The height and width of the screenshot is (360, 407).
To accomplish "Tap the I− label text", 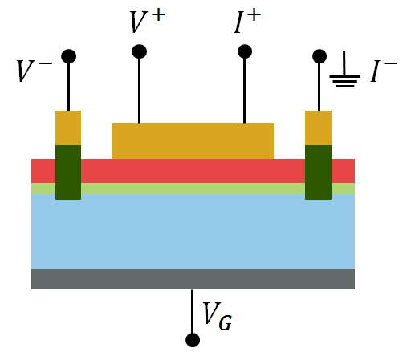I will click(x=384, y=72).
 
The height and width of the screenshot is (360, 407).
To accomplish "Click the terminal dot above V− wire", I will click(x=68, y=56).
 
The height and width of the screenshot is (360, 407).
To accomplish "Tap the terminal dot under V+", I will click(x=139, y=51).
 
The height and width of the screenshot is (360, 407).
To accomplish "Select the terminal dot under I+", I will click(x=245, y=51).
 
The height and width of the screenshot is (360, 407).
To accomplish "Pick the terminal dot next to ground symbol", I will click(x=319, y=56).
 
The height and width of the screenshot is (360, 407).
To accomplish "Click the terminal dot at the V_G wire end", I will click(x=193, y=340).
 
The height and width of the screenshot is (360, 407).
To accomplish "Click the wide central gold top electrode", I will click(x=193, y=141).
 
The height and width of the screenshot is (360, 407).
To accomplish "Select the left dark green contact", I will click(x=68, y=172).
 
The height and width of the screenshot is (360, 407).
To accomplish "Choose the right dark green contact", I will click(x=319, y=172).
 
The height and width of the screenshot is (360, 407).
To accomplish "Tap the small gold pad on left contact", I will click(x=68, y=127).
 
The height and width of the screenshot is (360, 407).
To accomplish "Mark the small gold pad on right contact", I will click(x=319, y=127).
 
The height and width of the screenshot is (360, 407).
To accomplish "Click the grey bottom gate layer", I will click(x=193, y=279).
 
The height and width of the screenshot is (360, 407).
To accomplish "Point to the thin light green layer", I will click(x=193, y=188).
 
